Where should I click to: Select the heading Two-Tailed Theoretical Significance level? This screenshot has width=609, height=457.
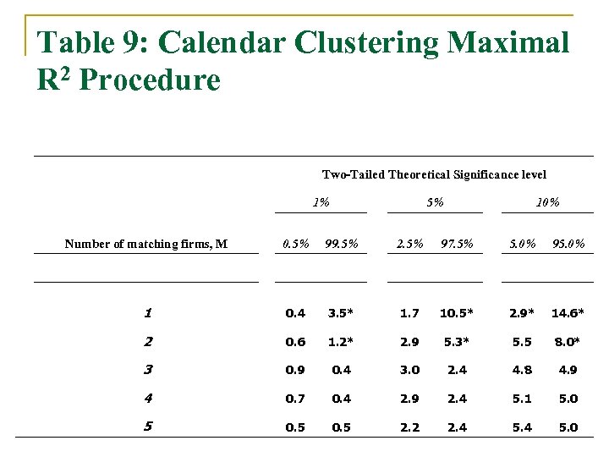434,174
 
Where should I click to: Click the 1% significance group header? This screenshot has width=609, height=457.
321,202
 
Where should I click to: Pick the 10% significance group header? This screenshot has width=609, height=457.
547,202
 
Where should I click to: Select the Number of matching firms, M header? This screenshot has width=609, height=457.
146,245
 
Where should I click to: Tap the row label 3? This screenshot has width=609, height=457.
147,370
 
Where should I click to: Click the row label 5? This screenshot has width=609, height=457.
147,427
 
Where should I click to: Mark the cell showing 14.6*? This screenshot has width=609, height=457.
568,313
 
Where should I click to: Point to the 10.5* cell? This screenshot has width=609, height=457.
456,313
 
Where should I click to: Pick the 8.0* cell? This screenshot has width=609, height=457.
568,342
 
